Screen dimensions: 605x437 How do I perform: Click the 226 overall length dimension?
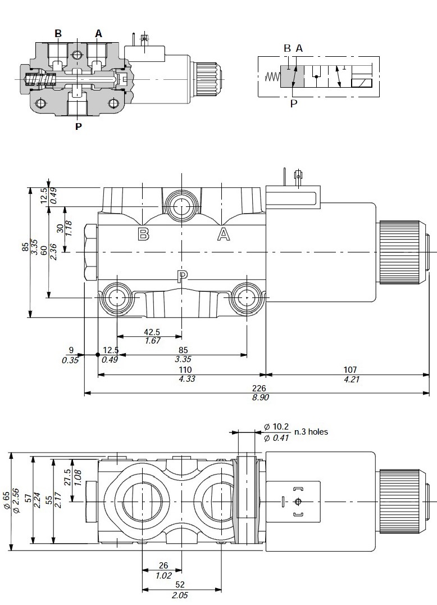tap(259, 389)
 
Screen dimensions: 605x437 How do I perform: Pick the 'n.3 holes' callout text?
tap(311, 432)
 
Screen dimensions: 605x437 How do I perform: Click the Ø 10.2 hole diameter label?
tap(276, 427)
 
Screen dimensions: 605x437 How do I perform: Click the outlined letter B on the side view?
tap(144, 234)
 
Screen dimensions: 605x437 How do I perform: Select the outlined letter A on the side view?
tap(224, 234)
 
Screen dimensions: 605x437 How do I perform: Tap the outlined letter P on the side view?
tap(182, 276)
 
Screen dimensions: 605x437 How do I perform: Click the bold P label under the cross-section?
tap(78, 126)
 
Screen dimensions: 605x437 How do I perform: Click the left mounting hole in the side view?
tap(116, 297)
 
